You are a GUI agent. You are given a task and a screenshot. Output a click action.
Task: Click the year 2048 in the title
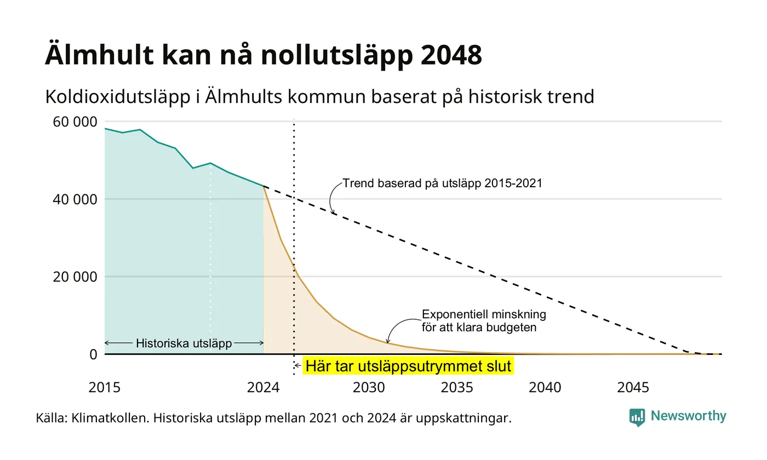[451, 55]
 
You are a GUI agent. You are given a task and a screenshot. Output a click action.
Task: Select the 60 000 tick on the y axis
[75, 122]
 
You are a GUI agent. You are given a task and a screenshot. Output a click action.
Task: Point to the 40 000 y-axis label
[75, 199]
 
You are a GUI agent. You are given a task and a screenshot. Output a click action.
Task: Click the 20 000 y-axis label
[75, 277]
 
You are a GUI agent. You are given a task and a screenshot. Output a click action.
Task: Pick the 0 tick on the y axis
[94, 354]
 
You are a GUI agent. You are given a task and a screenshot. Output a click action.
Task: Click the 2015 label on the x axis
[105, 388]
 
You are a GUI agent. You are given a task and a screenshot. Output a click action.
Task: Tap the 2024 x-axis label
[264, 388]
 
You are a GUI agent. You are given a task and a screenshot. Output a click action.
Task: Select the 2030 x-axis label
[369, 388]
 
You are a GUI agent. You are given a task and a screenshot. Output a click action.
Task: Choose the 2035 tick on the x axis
[457, 388]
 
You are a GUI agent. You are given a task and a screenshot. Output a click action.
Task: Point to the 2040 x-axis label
[545, 388]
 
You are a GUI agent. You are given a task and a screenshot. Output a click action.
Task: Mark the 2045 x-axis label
[633, 388]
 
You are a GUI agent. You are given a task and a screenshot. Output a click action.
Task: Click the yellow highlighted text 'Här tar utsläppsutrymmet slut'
[408, 366]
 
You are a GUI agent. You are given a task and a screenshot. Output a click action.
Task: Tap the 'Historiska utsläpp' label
[184, 343]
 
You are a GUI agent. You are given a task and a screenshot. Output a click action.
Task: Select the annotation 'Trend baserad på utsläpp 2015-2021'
[443, 183]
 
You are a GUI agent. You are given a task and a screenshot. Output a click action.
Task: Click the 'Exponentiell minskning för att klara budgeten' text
[483, 321]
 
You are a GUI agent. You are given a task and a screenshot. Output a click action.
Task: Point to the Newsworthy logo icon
[637, 417]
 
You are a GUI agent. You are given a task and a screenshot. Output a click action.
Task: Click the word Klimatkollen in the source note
[110, 418]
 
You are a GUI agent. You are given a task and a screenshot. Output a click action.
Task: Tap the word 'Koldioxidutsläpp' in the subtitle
[118, 97]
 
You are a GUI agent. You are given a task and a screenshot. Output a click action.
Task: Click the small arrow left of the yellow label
[298, 366]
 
